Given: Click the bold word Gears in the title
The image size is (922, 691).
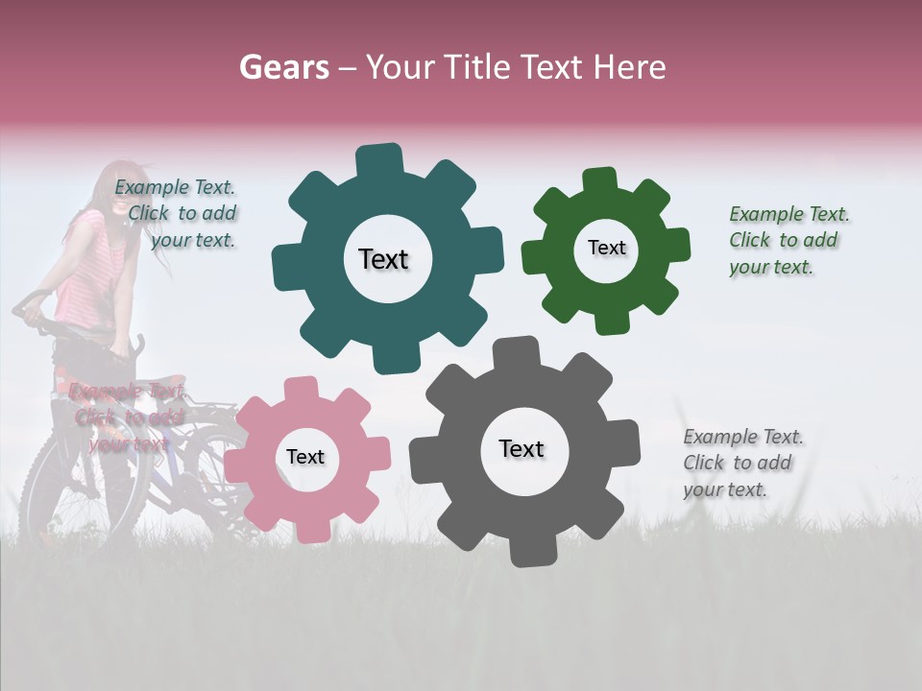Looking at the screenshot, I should [283, 67].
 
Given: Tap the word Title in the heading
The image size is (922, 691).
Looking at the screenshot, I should [476, 67].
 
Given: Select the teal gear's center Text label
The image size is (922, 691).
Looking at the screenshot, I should [383, 259].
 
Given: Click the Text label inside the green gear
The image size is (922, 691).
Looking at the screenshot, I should [606, 248].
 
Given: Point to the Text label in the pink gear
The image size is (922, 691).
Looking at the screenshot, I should [305, 457].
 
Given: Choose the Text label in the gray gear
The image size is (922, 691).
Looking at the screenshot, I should [522, 448].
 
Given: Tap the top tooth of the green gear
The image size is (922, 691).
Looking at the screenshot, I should [600, 179].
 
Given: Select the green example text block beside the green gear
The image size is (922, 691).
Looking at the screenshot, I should [789, 240].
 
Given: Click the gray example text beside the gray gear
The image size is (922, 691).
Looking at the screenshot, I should [742, 463].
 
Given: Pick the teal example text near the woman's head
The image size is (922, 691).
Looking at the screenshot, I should [176, 214].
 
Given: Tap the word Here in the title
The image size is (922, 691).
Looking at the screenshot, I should [630, 67].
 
